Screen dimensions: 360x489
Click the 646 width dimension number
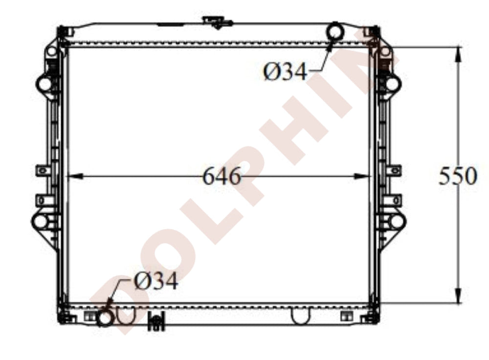[222, 177]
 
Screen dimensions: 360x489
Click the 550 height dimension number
[457, 176]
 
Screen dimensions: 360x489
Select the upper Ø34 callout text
[286, 72]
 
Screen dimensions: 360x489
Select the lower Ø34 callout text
[156, 282]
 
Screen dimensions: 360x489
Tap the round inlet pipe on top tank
[335, 31]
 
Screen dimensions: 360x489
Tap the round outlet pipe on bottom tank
[105, 319]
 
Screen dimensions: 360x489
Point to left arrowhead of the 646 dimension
[71, 177]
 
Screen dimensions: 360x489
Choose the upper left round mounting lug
[44, 83]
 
